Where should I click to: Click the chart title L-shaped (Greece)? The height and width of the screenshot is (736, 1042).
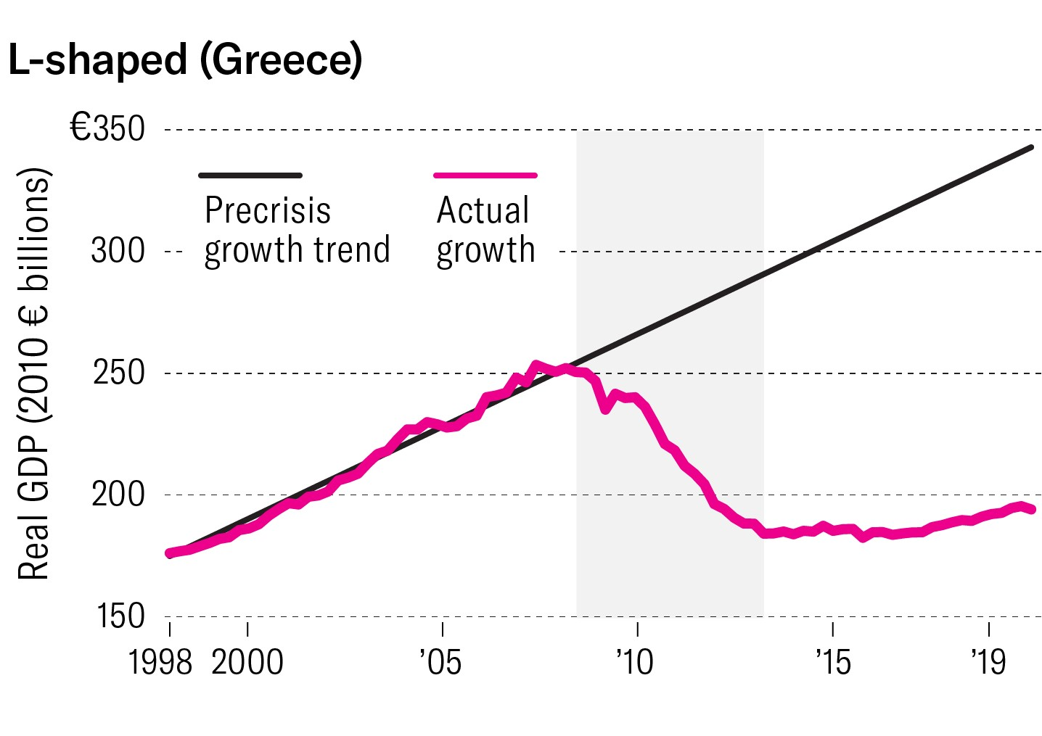[x=185, y=59]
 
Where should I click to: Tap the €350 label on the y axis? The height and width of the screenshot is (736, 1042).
[x=107, y=129]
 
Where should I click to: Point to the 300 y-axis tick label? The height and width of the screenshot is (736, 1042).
[x=118, y=251]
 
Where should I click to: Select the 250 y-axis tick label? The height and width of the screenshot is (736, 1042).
[x=118, y=373]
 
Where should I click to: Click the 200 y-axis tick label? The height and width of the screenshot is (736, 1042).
[x=118, y=495]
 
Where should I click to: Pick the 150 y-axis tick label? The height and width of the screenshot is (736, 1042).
[x=120, y=616]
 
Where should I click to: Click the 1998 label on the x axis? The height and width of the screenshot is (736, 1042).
[x=160, y=662]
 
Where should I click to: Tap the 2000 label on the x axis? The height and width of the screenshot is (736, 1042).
[x=247, y=662]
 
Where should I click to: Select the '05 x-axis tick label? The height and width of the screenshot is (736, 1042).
[x=440, y=662]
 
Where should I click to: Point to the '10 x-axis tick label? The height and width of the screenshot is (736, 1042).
[x=635, y=662]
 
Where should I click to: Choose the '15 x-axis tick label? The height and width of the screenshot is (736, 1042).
[x=832, y=662]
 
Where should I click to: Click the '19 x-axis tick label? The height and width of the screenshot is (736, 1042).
[x=989, y=662]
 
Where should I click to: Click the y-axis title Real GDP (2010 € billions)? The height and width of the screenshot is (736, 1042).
[x=35, y=373]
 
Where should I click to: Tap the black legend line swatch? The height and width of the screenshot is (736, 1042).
[x=250, y=175]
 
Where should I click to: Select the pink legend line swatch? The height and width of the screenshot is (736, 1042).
[x=485, y=175]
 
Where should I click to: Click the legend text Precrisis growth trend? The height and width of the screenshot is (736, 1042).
[x=297, y=230]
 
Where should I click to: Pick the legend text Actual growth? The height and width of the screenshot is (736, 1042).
[x=485, y=230]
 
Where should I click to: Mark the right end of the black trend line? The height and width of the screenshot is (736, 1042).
[x=1031, y=148]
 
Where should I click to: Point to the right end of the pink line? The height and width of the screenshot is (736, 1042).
[x=1032, y=510]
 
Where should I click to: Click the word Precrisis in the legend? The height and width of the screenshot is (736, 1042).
[x=268, y=210]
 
